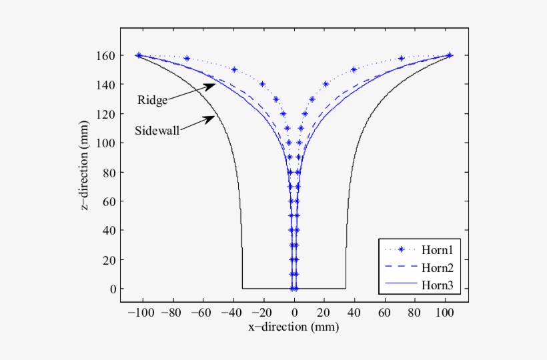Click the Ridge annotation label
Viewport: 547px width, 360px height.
point(152,101)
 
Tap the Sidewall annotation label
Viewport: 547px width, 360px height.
point(157,130)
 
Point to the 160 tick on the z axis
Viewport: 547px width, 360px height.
point(105,55)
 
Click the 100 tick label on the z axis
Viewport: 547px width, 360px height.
point(105,143)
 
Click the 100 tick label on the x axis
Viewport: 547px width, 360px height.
point(449,311)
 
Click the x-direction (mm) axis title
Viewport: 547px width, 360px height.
point(294,327)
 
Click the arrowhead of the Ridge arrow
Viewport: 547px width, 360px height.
point(214,85)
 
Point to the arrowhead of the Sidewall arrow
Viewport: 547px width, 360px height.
point(213,117)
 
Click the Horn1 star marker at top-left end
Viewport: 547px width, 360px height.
point(139,55)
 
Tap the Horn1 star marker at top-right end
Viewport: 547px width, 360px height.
point(450,55)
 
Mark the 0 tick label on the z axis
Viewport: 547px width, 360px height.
point(111,289)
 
